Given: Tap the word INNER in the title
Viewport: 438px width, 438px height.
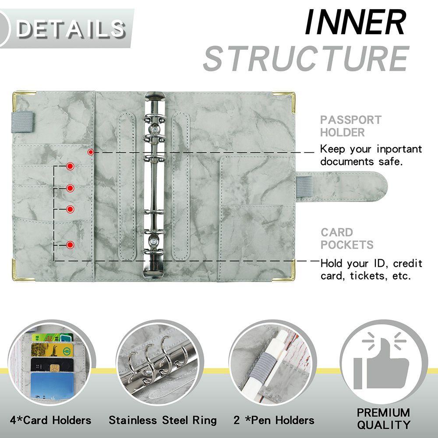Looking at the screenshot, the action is tap(355, 23).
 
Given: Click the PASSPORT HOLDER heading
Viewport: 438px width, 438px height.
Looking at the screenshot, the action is tap(350, 126).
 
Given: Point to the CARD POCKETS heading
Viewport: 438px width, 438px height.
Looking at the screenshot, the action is tap(347, 238).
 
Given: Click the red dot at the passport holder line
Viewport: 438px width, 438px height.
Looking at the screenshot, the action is tap(91, 152).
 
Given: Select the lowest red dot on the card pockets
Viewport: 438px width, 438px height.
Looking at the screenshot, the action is tap(70, 245).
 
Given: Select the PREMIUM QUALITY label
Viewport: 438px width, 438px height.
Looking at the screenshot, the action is tap(383, 418).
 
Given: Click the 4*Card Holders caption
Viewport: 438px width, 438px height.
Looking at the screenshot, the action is tap(51, 420).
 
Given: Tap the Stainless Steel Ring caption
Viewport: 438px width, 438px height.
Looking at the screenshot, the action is tap(162, 420).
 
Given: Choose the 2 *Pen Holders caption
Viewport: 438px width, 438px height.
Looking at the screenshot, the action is tap(274, 420).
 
